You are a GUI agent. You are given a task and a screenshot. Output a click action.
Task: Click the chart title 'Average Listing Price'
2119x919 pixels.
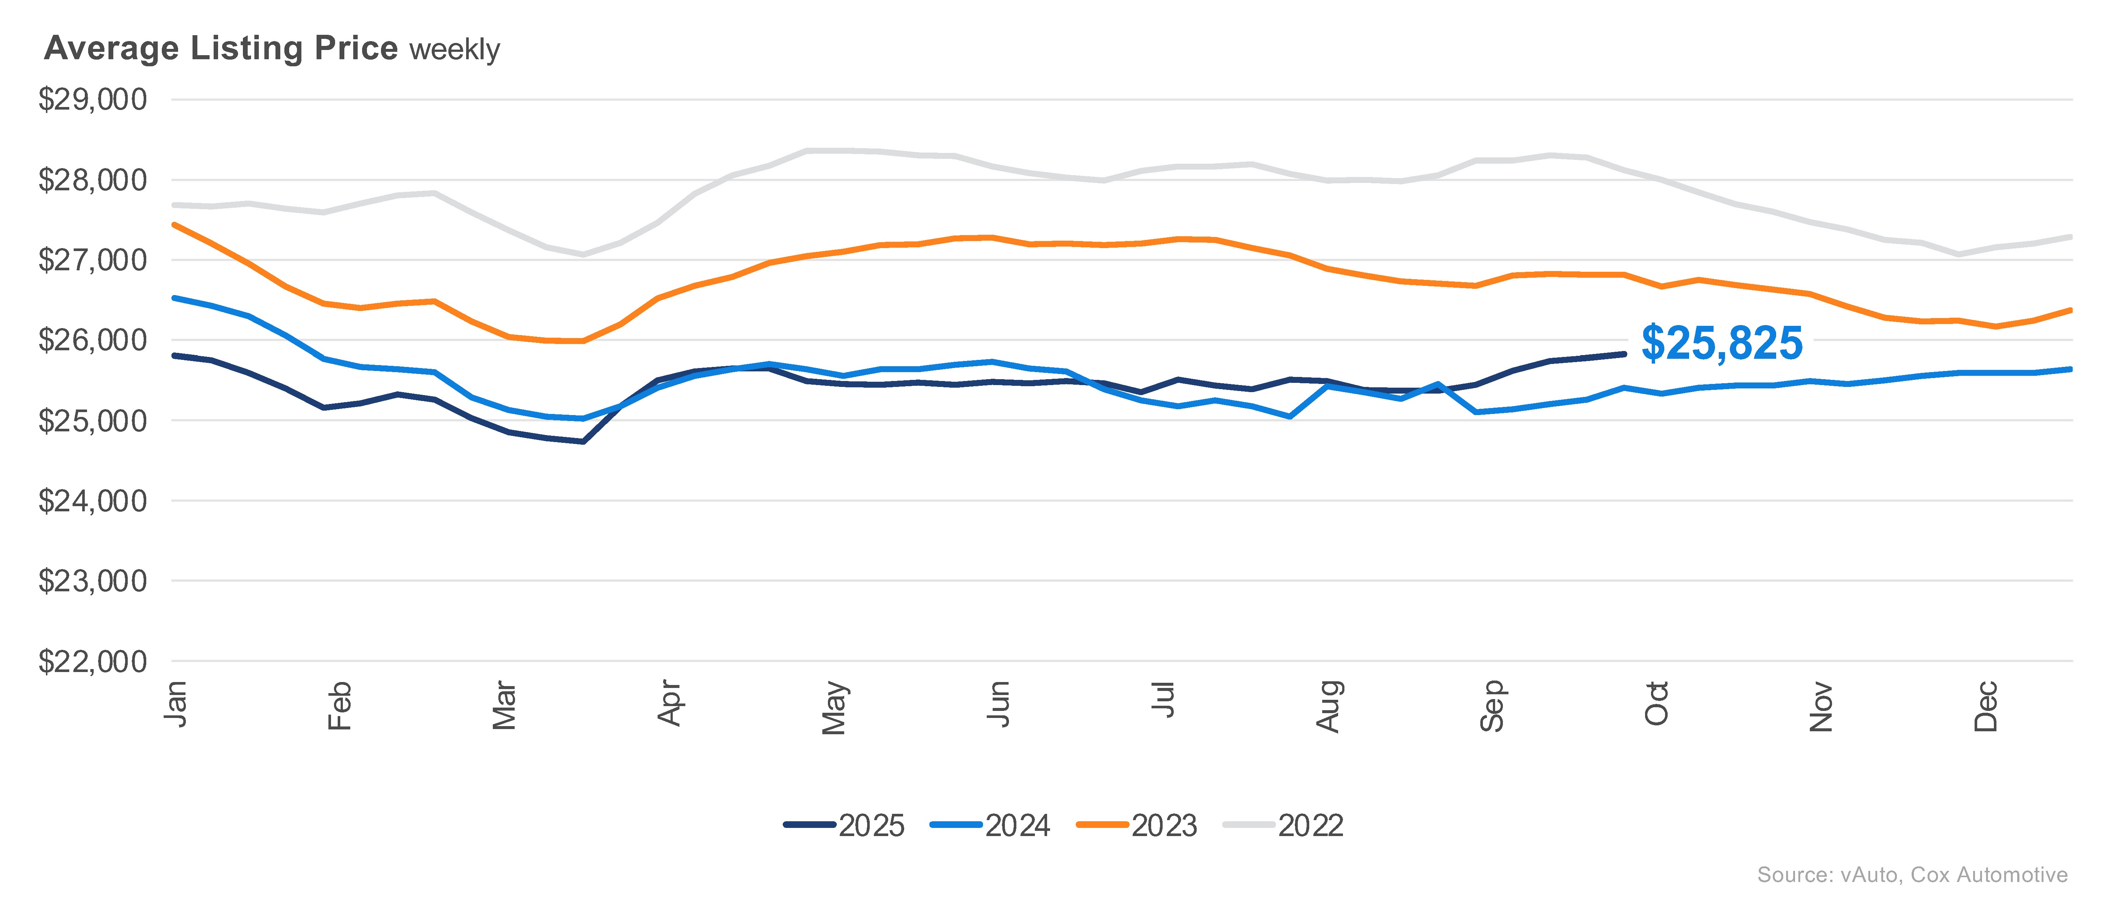tap(220, 49)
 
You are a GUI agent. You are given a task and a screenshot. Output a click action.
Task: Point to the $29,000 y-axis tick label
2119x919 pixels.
tap(92, 100)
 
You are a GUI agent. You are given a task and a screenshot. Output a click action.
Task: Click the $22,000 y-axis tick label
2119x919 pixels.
tap(92, 662)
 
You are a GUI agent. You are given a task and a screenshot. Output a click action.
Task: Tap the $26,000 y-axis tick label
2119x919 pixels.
tap(92, 340)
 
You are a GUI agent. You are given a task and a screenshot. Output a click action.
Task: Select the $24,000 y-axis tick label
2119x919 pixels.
tap(92, 501)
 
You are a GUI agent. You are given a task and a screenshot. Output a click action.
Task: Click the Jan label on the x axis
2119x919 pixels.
tap(175, 704)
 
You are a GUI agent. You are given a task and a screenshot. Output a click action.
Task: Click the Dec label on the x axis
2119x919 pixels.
tap(1986, 706)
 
